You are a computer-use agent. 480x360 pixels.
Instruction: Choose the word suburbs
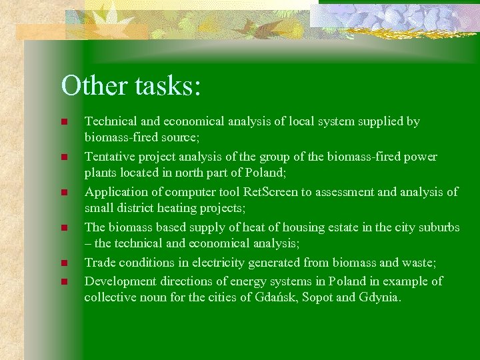[437, 227]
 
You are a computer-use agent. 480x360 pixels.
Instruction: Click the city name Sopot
[318, 297]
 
